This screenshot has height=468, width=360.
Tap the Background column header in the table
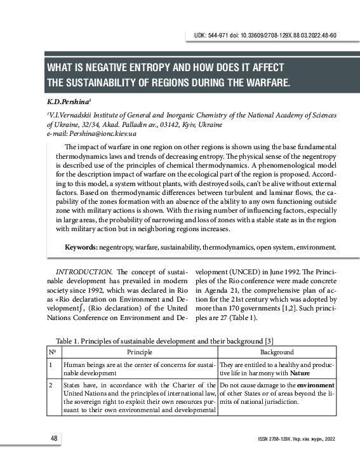277,352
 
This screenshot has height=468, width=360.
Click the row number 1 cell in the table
50,365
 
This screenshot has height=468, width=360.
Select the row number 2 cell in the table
50,385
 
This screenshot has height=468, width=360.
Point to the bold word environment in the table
315,385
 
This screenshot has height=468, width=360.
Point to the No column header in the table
51,352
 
